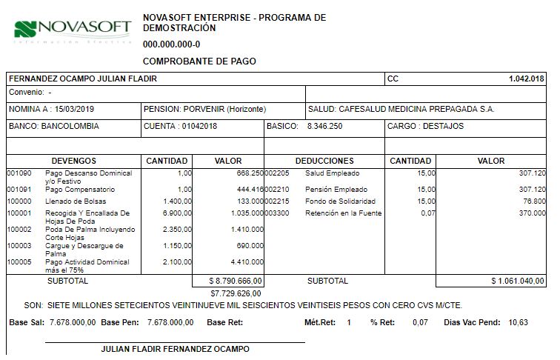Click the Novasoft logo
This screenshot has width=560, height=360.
[x=72, y=30]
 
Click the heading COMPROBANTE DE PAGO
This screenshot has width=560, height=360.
[x=199, y=61]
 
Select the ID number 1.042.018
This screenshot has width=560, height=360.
[x=526, y=79]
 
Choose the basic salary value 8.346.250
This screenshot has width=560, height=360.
[x=324, y=126]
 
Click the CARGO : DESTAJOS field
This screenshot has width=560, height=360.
[x=425, y=126]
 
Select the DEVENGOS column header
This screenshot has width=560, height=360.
[x=74, y=161]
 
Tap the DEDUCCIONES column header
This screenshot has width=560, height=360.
[x=324, y=161]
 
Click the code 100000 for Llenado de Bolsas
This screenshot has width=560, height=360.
[x=19, y=201]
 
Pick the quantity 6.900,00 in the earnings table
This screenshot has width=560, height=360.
[x=177, y=213]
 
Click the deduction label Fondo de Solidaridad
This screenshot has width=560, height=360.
[x=340, y=201]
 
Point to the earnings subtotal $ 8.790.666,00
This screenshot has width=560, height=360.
[x=227, y=281]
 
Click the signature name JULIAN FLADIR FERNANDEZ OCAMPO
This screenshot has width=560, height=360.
[x=175, y=349]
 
